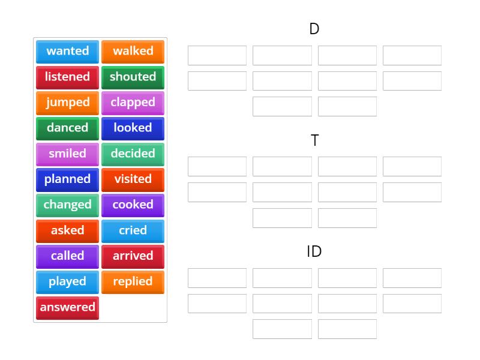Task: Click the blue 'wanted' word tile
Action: (x=67, y=51)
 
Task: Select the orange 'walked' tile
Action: (x=133, y=51)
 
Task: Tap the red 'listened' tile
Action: (x=67, y=77)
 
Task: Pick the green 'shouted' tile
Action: (x=133, y=77)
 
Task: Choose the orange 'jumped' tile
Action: (x=67, y=103)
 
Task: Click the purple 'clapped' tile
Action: (x=133, y=103)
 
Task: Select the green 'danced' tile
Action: (x=67, y=128)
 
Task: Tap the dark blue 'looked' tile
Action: (x=133, y=128)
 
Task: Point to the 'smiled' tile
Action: (x=67, y=154)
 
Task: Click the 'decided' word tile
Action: (x=133, y=154)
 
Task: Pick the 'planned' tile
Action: (x=67, y=179)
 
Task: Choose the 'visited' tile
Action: (x=133, y=179)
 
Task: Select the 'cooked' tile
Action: (x=133, y=205)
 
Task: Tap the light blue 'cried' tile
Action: (x=133, y=230)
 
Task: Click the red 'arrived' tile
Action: (x=133, y=256)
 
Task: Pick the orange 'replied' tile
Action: (x=133, y=281)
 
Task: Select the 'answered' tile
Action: (x=67, y=307)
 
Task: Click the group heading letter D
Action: (x=314, y=29)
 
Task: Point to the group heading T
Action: (x=314, y=140)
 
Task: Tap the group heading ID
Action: (x=314, y=251)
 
